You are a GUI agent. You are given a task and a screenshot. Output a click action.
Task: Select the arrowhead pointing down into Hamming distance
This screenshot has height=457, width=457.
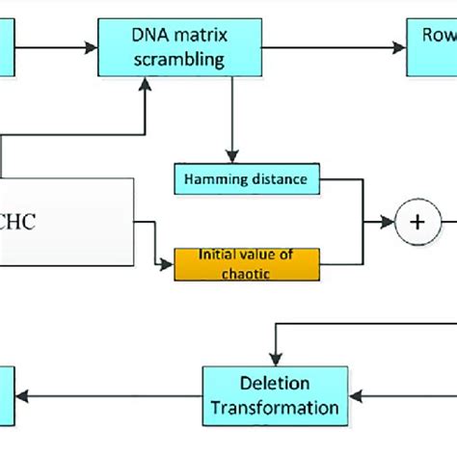(x=230, y=157)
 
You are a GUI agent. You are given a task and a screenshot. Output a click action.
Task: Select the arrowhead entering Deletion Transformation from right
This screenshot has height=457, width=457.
(x=353, y=395)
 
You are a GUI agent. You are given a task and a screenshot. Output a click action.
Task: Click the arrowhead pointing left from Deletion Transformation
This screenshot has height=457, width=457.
(x=27, y=395)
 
